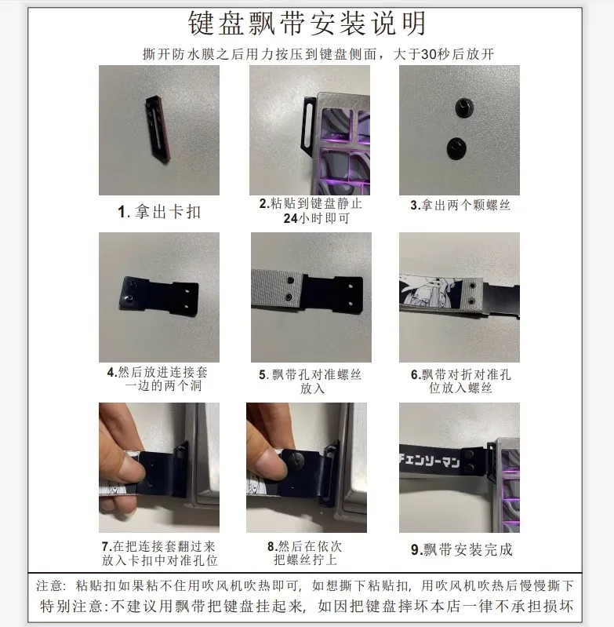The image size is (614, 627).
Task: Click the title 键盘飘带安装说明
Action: [307, 23]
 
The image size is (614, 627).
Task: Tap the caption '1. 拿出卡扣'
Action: [159, 212]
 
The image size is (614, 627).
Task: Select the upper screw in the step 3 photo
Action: [463, 106]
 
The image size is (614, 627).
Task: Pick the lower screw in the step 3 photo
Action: [456, 148]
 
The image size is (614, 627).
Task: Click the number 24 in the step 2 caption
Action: [290, 218]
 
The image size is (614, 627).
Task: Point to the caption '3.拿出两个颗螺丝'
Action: [460, 205]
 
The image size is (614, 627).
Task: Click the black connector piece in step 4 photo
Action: [158, 296]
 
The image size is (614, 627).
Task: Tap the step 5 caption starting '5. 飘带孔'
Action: [311, 381]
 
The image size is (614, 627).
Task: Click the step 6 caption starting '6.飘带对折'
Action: [460, 381]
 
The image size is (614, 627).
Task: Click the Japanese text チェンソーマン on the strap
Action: [430, 461]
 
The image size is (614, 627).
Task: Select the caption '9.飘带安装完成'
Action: [461, 549]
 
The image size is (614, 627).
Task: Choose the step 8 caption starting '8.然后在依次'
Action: [305, 553]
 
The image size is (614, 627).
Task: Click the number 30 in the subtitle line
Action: [429, 54]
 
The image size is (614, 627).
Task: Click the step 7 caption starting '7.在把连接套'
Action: [159, 553]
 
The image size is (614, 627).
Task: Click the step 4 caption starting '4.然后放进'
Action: [158, 379]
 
